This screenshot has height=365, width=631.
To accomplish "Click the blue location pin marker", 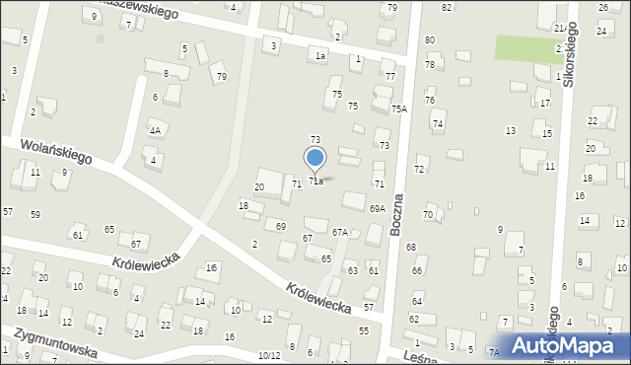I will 315,159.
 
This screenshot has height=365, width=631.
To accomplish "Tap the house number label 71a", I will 315,182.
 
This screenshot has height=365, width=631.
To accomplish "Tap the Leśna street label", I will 418,356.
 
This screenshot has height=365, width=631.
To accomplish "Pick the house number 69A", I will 378,209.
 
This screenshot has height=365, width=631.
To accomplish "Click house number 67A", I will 339,233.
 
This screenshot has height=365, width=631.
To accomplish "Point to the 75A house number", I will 398,109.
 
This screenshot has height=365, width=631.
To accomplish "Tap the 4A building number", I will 154,130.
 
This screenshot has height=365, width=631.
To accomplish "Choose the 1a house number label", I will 319,56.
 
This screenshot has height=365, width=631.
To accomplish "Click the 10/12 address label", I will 269,355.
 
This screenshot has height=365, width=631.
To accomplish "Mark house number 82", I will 447,7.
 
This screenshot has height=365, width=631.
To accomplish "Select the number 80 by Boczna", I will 429,40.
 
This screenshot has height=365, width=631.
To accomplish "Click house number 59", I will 35,214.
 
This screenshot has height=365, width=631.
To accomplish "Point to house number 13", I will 510,131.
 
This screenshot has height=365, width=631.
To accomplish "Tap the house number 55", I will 363,330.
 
